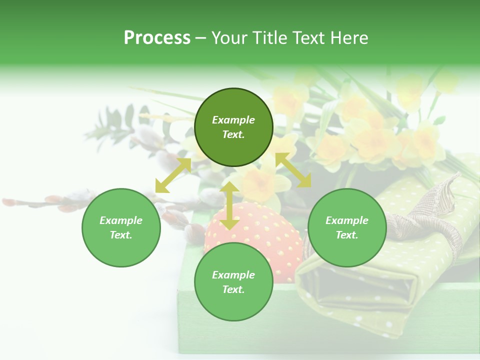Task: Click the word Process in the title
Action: pyautogui.click(x=157, y=37)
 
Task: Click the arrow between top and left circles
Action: pyautogui.click(x=173, y=175)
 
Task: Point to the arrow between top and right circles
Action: pyautogui.click(x=293, y=170)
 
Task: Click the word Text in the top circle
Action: pyautogui.click(x=233, y=134)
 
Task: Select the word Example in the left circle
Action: pyautogui.click(x=121, y=220)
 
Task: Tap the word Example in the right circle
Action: pyautogui.click(x=347, y=220)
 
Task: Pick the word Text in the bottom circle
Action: pyautogui.click(x=233, y=289)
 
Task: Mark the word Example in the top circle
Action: pyautogui.click(x=233, y=120)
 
